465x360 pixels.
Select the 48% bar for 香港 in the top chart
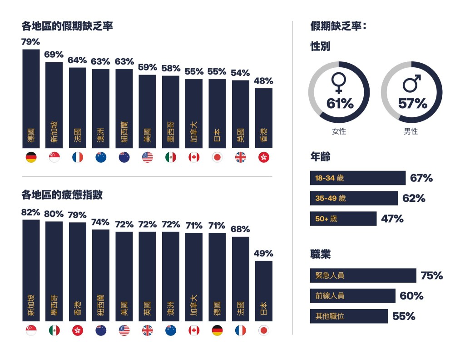pyautogui.click(x=263, y=118)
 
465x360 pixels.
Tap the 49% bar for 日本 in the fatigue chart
pyautogui.click(x=263, y=291)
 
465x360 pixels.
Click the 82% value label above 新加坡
pyautogui.click(x=31, y=213)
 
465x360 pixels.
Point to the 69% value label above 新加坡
pyautogui.click(x=54, y=55)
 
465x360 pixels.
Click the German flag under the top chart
pyautogui.click(x=31, y=158)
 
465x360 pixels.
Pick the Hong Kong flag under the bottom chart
pyautogui.click(x=78, y=330)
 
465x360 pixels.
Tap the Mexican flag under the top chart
pyautogui.click(x=170, y=158)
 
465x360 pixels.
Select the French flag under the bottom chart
pyautogui.click(x=240, y=330)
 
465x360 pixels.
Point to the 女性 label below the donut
pyautogui.click(x=339, y=131)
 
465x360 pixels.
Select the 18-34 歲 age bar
pyautogui.click(x=357, y=178)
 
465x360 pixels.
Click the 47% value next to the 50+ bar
pyautogui.click(x=392, y=219)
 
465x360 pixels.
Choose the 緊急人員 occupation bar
pyautogui.click(x=363, y=275)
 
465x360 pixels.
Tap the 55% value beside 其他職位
pyautogui.click(x=404, y=316)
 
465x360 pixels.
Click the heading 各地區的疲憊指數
pyautogui.click(x=62, y=195)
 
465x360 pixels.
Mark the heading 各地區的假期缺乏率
pyautogui.click(x=67, y=26)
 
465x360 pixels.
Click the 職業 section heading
pyautogui.click(x=320, y=254)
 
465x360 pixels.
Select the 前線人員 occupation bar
pyautogui.click(x=352, y=296)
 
